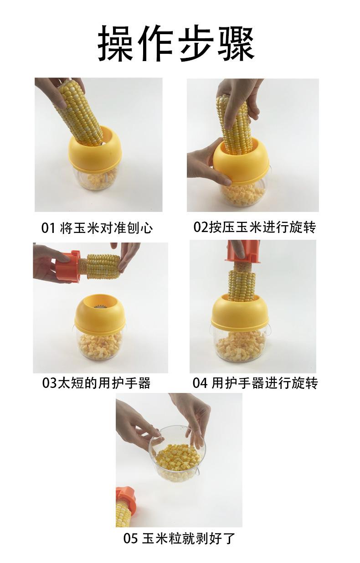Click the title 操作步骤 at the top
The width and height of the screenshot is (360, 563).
click(x=176, y=43)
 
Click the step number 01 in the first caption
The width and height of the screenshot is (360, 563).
click(x=48, y=228)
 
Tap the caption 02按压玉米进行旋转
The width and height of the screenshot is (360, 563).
click(x=254, y=227)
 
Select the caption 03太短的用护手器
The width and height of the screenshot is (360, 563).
click(x=96, y=383)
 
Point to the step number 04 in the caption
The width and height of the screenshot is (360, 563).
click(x=200, y=383)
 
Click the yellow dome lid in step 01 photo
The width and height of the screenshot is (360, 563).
click(x=95, y=151)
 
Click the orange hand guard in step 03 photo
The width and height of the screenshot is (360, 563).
click(x=67, y=266)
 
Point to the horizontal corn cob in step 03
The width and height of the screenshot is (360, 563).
click(x=100, y=266)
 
